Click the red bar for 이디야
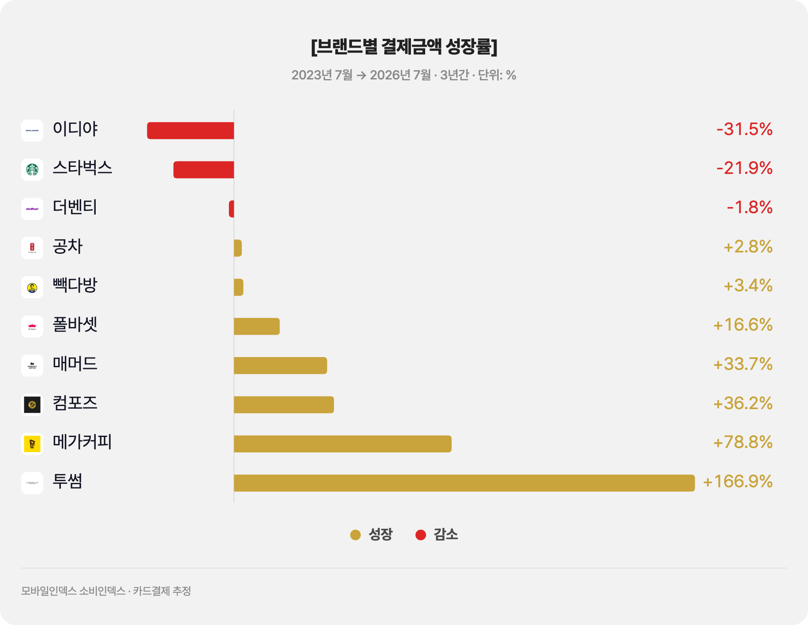click(191, 131)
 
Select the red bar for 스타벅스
click(204, 170)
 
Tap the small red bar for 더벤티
click(232, 209)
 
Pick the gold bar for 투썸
click(464, 483)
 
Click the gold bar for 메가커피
click(343, 444)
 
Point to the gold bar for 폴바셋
click(257, 326)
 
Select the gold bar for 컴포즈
click(284, 405)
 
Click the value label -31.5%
click(744, 129)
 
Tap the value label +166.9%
click(738, 482)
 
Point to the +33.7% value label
click(743, 364)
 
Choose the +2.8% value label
click(748, 247)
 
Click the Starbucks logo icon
click(32, 170)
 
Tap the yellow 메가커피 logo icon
click(32, 444)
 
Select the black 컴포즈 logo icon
click(32, 405)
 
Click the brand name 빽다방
click(75, 285)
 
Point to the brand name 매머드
click(75, 364)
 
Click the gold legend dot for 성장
click(355, 535)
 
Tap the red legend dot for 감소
click(421, 535)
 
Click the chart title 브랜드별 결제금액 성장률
click(404, 46)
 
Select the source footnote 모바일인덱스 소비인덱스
click(73, 591)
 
